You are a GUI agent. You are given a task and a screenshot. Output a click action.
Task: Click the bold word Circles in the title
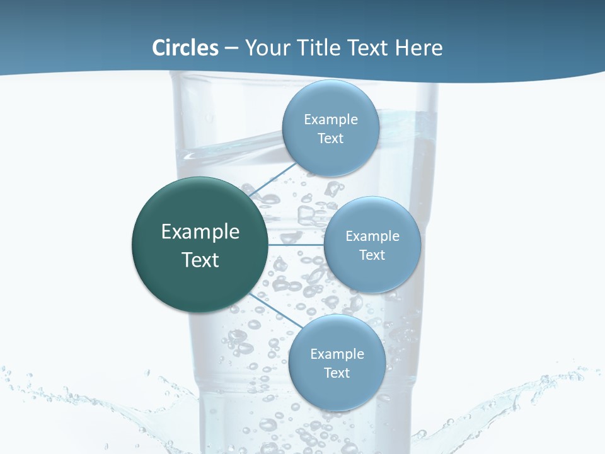(x=185, y=48)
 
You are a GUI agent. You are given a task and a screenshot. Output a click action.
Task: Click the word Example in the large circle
(x=200, y=232)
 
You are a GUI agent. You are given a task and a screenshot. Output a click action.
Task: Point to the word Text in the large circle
(x=200, y=260)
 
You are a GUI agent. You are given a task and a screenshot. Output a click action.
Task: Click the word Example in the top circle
(x=331, y=120)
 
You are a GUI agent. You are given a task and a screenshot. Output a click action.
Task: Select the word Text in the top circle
(x=330, y=139)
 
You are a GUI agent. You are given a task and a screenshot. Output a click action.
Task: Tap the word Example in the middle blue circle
(x=372, y=236)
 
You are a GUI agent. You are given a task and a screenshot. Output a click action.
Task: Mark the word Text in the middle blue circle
(x=372, y=255)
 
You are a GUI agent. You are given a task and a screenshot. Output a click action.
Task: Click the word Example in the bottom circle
(x=337, y=354)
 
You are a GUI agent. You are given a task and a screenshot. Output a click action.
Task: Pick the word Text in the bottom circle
(x=337, y=373)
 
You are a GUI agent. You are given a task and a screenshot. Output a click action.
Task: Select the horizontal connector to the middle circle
(x=295, y=245)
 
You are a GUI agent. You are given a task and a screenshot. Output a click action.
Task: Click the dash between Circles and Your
(x=231, y=48)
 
